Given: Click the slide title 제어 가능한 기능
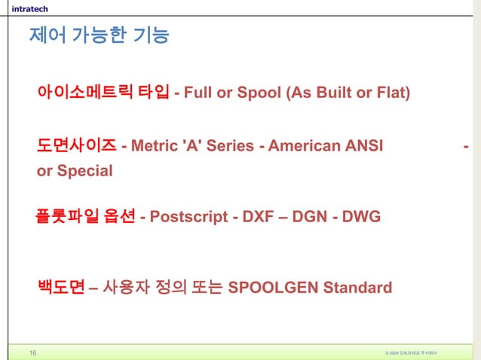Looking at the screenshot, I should click(98, 35).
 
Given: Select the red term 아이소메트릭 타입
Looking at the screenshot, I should click(103, 93).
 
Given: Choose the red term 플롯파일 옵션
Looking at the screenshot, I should click(85, 217).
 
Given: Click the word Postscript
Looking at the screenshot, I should click(186, 218).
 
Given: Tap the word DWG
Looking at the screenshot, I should click(361, 218).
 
